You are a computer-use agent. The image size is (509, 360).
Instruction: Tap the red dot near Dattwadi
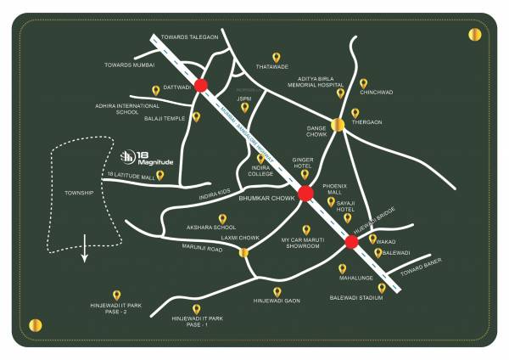(x=201, y=85)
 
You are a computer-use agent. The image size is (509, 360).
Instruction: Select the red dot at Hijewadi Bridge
(x=350, y=242)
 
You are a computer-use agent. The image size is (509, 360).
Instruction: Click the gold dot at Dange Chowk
(x=338, y=126)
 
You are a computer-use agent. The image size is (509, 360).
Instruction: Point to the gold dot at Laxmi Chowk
(x=244, y=251)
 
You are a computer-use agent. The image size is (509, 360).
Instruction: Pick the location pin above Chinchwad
(x=363, y=83)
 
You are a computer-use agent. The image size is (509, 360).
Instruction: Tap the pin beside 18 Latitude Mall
(x=159, y=176)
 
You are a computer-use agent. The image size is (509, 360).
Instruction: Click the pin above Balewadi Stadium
(x=381, y=288)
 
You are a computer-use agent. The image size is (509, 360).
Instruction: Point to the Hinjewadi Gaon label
(x=277, y=301)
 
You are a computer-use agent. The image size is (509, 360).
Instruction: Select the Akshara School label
(x=211, y=228)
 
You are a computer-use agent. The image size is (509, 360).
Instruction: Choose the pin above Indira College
(x=260, y=158)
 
